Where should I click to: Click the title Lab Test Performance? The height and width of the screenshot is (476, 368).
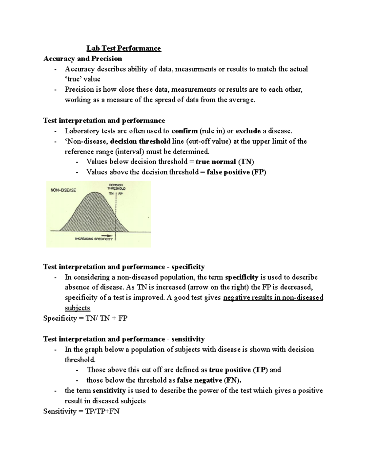point(124,48)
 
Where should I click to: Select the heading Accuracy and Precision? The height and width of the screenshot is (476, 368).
point(83,59)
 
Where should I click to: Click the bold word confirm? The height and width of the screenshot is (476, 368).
point(185,131)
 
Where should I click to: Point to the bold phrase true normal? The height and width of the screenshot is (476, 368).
point(216,162)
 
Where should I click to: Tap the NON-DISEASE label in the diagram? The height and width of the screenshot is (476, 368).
point(63,190)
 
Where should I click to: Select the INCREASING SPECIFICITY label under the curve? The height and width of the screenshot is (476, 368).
point(94,239)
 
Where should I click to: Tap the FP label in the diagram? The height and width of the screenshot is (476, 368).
point(120,194)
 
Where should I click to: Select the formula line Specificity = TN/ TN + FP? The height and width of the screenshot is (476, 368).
point(85,318)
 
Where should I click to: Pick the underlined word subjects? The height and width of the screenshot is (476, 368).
point(77,308)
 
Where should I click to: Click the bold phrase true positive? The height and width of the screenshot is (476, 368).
point(230,370)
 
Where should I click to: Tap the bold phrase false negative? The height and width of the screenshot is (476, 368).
point(199,380)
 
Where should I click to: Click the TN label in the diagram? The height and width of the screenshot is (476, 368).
point(111,194)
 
